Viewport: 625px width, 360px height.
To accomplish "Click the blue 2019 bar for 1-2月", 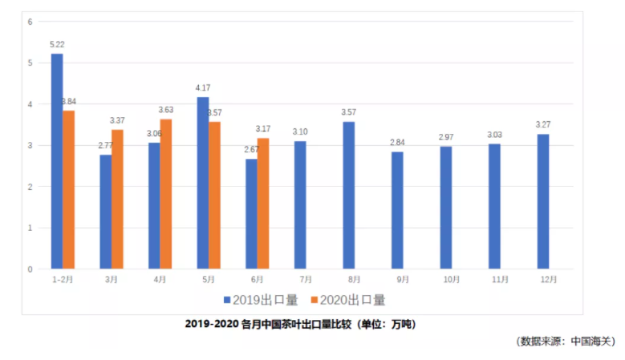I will pos(57,160).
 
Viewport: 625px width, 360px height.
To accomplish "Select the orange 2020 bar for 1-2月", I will pos(69,189).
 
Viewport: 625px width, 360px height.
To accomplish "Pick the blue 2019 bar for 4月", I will pos(154,205).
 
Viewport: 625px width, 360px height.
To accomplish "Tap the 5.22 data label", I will pos(57,45).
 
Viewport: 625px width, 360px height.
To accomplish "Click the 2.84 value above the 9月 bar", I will pos(397,143).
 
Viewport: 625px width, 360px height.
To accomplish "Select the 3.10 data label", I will pos(300,131).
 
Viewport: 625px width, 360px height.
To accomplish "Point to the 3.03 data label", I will pos(494,135).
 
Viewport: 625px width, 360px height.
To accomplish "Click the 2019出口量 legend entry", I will pos(260,300).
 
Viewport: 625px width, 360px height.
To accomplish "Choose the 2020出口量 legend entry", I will pos(347,300).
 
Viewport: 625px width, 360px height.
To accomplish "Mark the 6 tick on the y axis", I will pos(30,22).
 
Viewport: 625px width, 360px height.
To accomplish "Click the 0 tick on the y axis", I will pos(30,269).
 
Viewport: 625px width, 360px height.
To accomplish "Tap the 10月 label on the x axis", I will pos(451,279).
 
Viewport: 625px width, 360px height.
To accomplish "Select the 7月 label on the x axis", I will pos(306,279).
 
